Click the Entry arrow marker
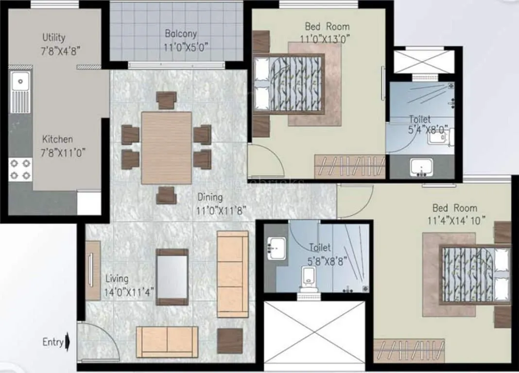pyautogui.click(x=68, y=342)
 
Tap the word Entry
pyautogui.click(x=52, y=342)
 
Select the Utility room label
pyautogui.click(x=53, y=37)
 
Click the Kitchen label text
pyautogui.click(x=57, y=139)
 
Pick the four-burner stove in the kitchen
pyautogui.click(x=20, y=169)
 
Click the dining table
pyautogui.click(x=167, y=148)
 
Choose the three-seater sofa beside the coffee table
pyautogui.click(x=232, y=274)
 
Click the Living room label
pyautogui.click(x=117, y=279)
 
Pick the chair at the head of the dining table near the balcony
pyautogui.click(x=166, y=100)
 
